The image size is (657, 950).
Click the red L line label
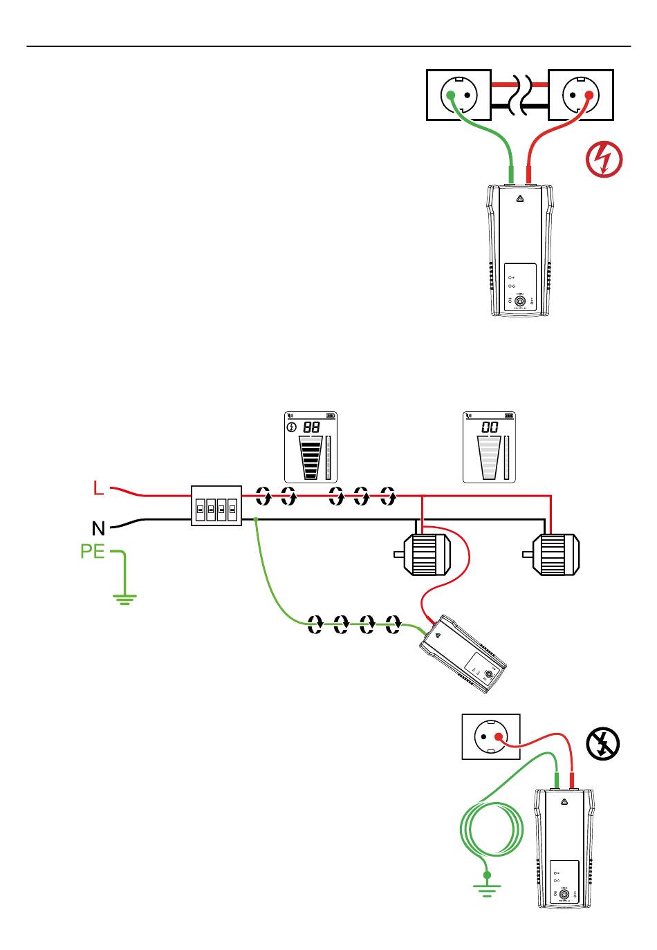tap(98, 489)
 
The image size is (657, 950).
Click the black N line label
tap(99, 529)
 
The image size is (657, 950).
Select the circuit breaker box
tap(216, 505)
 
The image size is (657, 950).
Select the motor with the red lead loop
tap(423, 554)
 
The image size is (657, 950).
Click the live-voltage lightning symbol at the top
tap(604, 159)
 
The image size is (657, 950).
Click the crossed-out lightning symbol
tap(602, 744)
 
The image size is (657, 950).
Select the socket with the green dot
tap(459, 95)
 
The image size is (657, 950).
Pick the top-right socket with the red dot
tap(580, 95)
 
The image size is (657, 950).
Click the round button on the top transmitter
tap(521, 301)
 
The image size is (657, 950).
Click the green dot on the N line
tap(256, 519)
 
